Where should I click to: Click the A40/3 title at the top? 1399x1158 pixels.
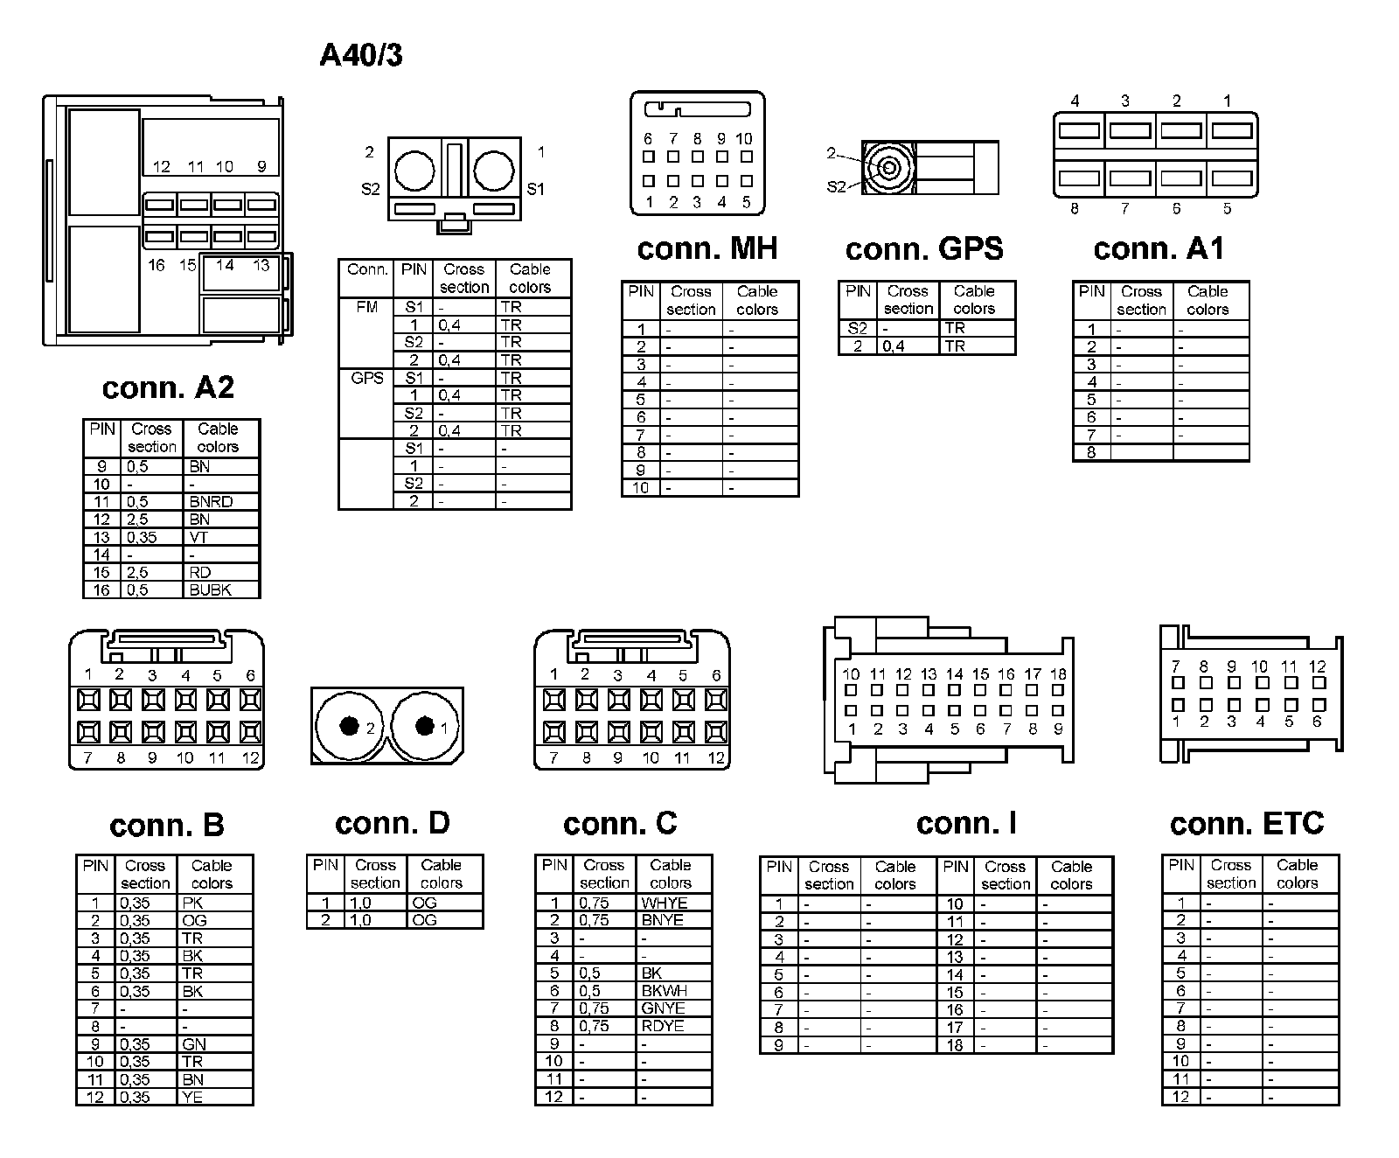click(361, 55)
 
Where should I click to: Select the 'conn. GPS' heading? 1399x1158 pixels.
click(924, 249)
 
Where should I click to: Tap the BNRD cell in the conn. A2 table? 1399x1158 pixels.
click(212, 502)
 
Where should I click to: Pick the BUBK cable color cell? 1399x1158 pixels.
click(211, 590)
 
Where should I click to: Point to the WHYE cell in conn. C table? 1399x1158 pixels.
click(665, 903)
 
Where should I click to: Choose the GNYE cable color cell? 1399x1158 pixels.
click(663, 1008)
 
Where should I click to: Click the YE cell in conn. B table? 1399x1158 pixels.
click(192, 1097)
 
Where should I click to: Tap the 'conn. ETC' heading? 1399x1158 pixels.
click(1247, 823)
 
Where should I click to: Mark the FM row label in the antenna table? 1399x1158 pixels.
click(365, 307)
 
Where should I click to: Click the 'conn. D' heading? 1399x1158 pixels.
click(393, 823)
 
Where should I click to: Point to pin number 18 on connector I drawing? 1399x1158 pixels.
click(1058, 674)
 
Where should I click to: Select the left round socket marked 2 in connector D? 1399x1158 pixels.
click(350, 727)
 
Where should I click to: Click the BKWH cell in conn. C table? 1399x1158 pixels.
click(665, 991)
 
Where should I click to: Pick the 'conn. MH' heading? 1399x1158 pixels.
click(707, 249)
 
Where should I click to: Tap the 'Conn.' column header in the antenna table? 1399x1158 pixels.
click(367, 269)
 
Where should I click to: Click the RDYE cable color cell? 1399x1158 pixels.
click(663, 1026)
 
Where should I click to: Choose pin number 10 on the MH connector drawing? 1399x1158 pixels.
click(744, 139)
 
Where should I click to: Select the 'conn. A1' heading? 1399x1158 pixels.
click(1159, 249)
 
